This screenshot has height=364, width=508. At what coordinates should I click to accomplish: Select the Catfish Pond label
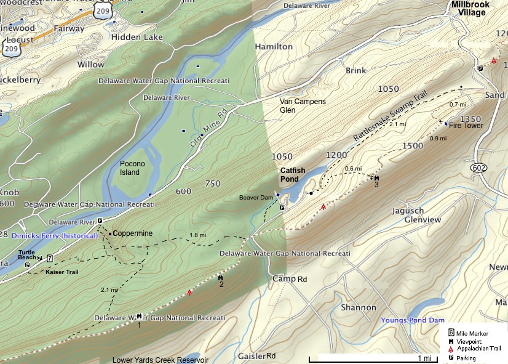[290, 175]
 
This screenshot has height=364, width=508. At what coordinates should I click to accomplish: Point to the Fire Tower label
[466, 126]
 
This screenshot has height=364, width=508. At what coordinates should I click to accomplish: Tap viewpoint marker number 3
[376, 179]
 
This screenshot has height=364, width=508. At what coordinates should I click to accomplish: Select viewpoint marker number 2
[220, 279]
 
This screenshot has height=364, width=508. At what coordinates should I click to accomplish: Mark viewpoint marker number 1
[140, 316]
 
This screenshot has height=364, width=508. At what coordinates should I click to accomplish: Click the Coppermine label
[132, 233]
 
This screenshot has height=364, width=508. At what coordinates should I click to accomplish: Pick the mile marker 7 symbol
[49, 258]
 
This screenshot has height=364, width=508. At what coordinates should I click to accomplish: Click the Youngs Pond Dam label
[412, 320]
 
